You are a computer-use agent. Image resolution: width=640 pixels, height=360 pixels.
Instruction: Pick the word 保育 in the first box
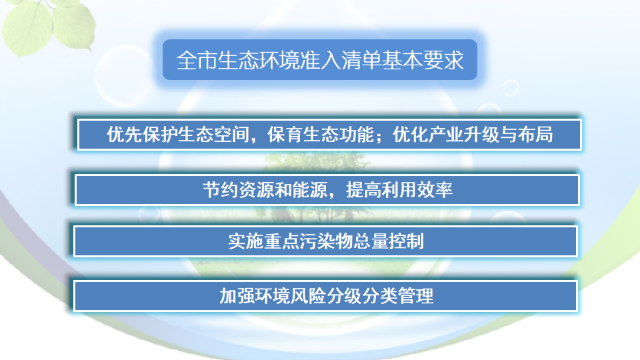pos(284,135)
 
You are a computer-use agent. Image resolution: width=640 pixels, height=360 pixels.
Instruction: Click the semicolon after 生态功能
pos(378,137)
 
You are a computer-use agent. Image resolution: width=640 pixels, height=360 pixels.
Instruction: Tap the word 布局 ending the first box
pos(536,135)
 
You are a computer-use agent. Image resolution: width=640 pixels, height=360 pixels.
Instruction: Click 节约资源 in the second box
pos(238,190)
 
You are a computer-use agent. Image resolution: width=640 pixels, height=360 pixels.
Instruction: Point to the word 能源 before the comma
pos(310,190)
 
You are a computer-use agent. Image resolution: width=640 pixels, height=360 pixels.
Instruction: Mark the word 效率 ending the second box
pos(435,190)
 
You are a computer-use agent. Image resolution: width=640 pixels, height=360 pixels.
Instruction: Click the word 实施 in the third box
pos(246,241)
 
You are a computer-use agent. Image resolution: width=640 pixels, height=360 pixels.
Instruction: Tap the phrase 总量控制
pos(389,241)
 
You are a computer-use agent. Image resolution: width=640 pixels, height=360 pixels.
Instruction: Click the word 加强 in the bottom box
pos(237,296)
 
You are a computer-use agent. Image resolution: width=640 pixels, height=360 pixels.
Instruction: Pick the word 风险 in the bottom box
pos(309,296)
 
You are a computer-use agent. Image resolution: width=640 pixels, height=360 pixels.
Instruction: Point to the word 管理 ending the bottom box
pos(416,296)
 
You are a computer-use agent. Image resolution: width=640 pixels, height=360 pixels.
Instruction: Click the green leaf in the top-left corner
pos(30,23)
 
